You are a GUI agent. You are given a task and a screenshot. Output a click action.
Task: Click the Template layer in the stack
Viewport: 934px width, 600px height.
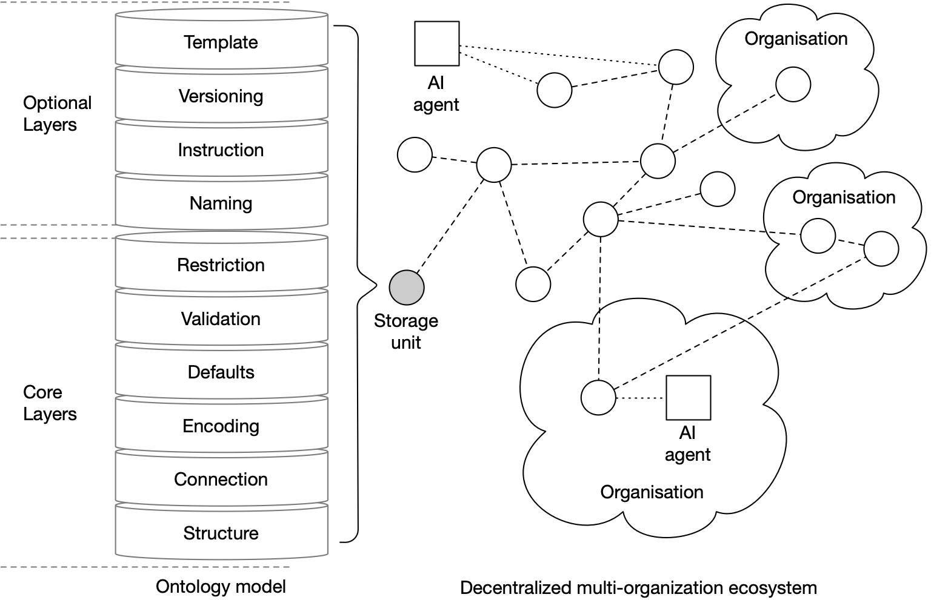coord(221,42)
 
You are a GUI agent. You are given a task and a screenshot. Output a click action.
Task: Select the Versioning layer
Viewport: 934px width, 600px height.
coord(221,96)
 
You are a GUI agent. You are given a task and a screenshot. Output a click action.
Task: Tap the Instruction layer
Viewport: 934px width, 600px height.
coord(221,150)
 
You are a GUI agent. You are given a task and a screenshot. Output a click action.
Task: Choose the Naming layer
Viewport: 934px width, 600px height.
coord(221,203)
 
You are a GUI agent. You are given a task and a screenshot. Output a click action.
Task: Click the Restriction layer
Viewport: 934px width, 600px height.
coord(221,265)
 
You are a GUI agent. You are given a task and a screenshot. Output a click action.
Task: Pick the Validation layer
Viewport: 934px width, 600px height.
coord(221,318)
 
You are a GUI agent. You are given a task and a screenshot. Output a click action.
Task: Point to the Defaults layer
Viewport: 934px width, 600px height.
coord(221,372)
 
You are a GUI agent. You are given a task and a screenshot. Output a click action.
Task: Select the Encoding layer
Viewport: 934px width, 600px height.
coord(221,426)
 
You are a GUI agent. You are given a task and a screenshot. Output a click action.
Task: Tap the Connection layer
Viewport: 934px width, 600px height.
coord(221,479)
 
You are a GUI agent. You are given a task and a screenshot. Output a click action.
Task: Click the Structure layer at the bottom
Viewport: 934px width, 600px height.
coord(221,533)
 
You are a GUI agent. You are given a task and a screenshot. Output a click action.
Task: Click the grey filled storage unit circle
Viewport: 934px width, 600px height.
coord(406,287)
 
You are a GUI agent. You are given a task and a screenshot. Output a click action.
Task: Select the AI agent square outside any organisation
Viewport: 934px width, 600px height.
coord(436,44)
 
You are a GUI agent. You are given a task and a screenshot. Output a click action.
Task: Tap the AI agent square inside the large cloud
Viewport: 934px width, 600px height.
coord(688,398)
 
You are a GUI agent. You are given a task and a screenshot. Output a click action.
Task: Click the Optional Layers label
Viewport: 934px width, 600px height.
coord(56,113)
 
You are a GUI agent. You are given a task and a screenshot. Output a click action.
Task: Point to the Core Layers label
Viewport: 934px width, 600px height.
coord(50,403)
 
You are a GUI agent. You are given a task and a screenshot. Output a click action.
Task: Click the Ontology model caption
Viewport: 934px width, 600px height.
coord(221,586)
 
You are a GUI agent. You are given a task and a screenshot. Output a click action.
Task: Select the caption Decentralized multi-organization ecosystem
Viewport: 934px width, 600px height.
coord(638,587)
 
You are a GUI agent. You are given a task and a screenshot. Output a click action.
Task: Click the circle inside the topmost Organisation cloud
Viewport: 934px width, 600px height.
coord(793,84)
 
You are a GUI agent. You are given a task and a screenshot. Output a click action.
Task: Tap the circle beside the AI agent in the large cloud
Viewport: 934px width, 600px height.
coord(598,398)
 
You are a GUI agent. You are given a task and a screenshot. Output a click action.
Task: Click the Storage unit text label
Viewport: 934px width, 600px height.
coord(405,331)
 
